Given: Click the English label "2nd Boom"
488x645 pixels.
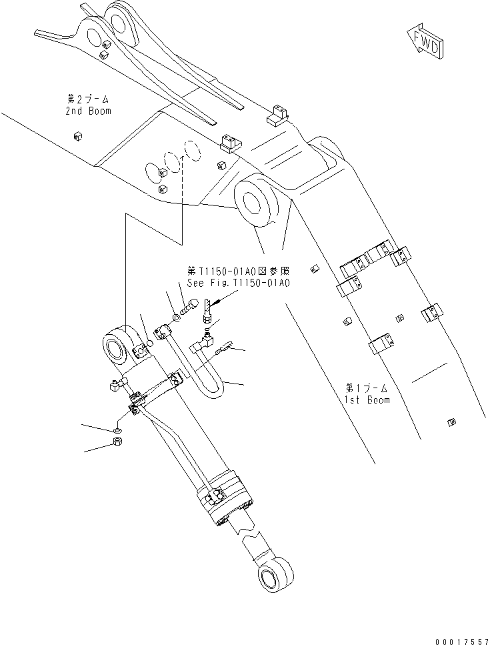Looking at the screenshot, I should [88, 111].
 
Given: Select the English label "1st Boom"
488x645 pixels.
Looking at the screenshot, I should [367, 400].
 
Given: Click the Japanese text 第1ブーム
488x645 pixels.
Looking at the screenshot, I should [367, 388].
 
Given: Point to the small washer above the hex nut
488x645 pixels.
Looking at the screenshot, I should [118, 424].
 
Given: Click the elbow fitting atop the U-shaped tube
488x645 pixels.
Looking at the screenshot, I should [159, 329].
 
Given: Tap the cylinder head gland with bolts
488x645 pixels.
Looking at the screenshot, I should [225, 499].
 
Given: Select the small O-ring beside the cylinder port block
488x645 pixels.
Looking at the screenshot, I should [150, 343].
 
